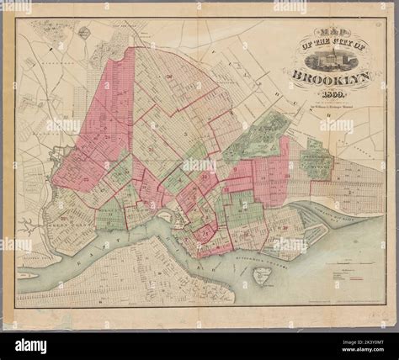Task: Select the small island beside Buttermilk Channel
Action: click(263, 273)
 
